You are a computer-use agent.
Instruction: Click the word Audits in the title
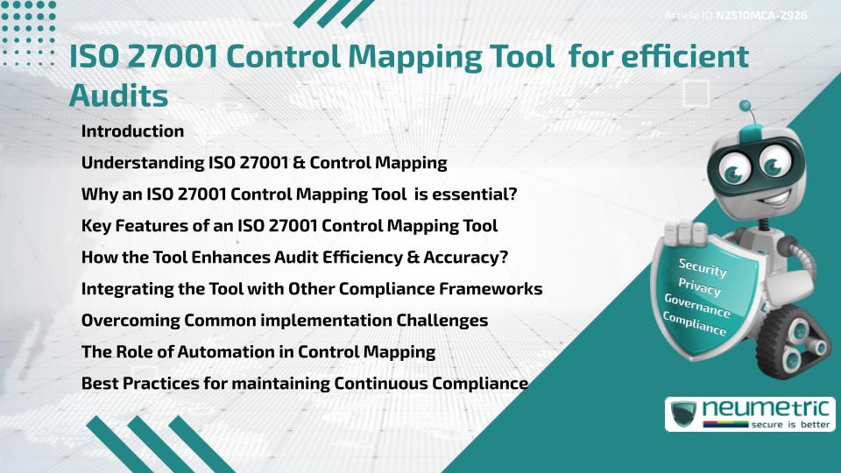pos(118,95)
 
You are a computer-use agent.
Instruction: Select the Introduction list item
pos(132,131)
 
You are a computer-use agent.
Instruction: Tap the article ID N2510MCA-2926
pos(761,16)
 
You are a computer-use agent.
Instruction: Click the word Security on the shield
pos(702,267)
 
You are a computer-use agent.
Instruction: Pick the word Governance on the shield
pos(696,306)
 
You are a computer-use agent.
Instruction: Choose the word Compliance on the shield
pos(694,324)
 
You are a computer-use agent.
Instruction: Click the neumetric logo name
pos(766,409)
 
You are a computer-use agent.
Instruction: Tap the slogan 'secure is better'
pos(790,424)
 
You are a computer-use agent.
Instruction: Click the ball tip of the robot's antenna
pos(745,106)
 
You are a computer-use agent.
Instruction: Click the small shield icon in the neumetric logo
pos(684,414)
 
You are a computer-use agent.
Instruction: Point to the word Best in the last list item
pos(100,384)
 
